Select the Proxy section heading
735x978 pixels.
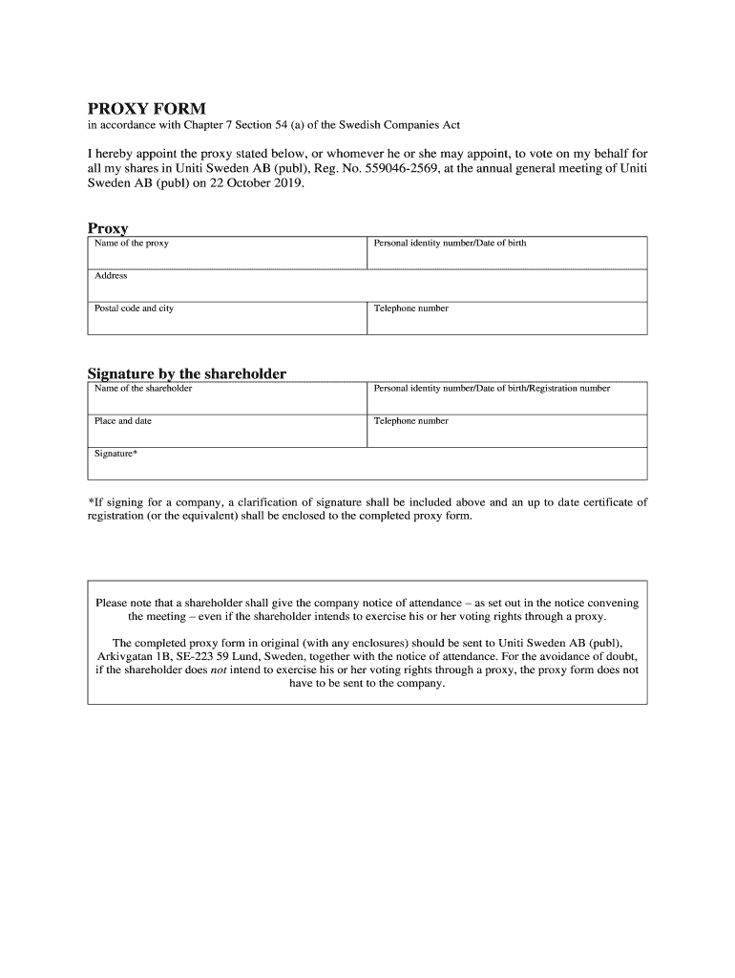tap(108, 228)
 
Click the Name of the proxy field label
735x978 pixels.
tap(132, 244)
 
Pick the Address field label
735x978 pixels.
tap(111, 276)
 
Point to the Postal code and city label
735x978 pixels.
tap(134, 308)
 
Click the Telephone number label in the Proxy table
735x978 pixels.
tap(410, 308)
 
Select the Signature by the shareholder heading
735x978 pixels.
tap(187, 373)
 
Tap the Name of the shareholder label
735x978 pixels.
tap(143, 389)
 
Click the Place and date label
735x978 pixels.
tap(123, 421)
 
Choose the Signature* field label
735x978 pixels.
tap(115, 454)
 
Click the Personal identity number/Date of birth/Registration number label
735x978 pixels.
tap(492, 389)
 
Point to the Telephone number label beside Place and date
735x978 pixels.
tap(410, 421)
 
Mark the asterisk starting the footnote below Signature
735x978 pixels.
tap(91, 501)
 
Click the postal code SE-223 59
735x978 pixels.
tap(211, 657)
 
